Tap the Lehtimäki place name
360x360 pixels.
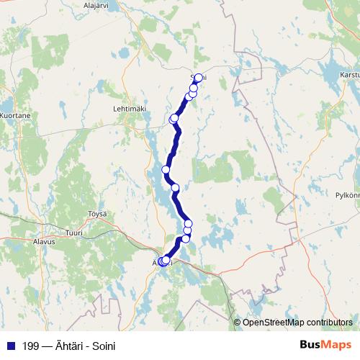click(130, 108)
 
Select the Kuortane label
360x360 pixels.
click(15, 114)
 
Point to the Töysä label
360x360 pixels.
click(96, 214)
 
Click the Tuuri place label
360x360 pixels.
click(74, 233)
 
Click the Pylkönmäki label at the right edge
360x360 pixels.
click(347, 194)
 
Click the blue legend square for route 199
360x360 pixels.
click(10, 345)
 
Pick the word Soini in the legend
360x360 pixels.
click(102, 345)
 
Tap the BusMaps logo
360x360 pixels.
click(325, 344)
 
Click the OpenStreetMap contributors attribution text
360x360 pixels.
click(297, 322)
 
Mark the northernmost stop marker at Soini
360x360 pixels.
click(199, 78)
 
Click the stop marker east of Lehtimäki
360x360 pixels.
click(174, 118)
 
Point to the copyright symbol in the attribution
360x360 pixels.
click(238, 322)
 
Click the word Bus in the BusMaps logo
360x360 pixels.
click(312, 344)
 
